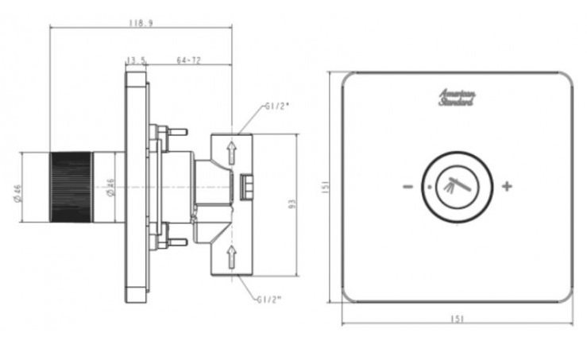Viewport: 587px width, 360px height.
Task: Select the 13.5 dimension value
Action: point(136,60)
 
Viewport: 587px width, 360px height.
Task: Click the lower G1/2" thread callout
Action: point(270,299)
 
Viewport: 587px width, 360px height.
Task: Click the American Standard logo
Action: point(458,99)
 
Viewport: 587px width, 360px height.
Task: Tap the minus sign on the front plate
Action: point(406,188)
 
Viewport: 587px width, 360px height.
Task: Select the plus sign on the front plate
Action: point(507,187)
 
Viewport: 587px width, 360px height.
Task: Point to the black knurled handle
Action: point(71,188)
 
